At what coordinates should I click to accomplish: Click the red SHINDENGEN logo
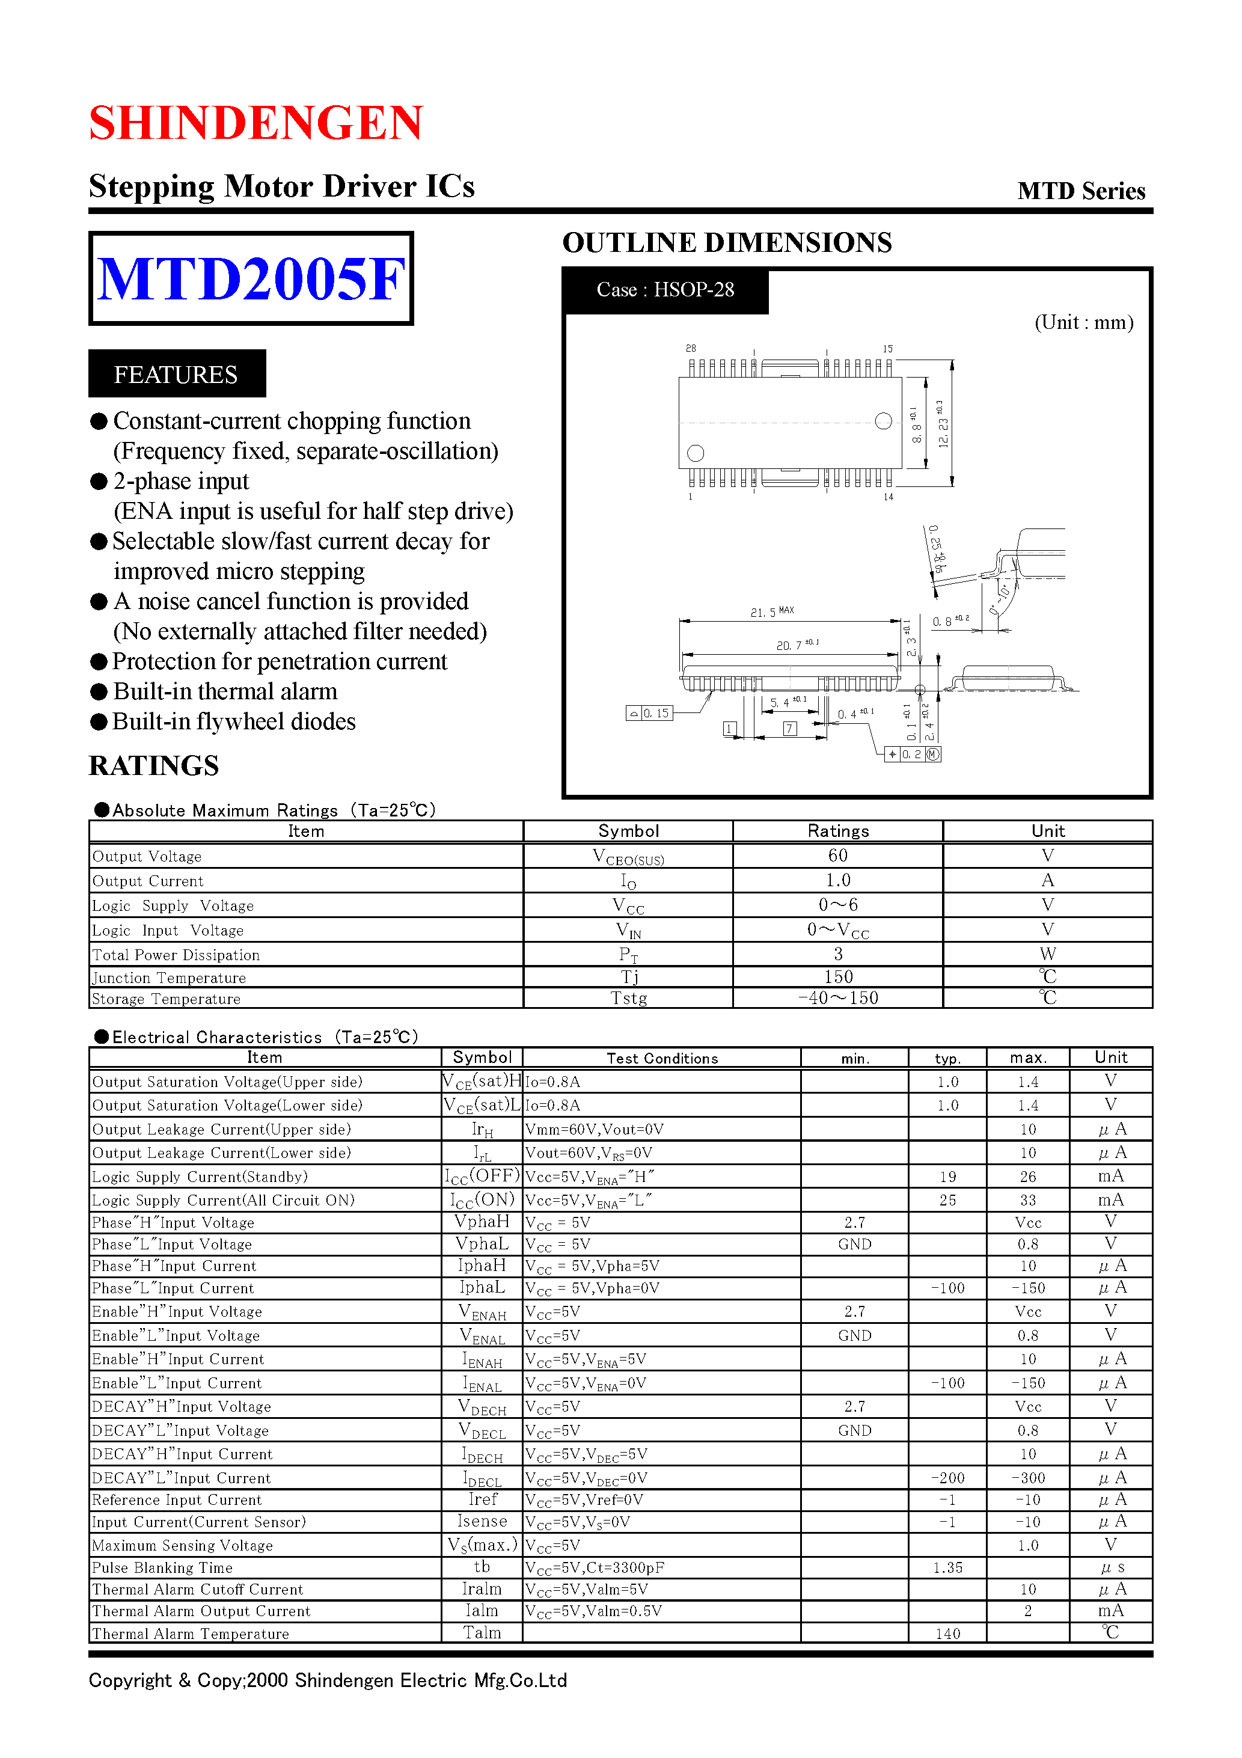(x=255, y=123)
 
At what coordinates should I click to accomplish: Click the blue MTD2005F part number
(x=251, y=279)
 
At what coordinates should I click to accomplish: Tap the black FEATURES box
(x=177, y=373)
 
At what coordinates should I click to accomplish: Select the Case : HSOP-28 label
(x=665, y=289)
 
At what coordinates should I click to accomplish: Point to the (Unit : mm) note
(x=1083, y=322)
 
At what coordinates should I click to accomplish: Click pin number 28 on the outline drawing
(x=691, y=348)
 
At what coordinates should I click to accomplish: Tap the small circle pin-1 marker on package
(x=696, y=453)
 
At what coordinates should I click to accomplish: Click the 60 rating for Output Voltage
(x=837, y=856)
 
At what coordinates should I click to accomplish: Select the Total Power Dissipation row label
(x=176, y=955)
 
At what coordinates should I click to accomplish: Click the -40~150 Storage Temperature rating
(x=837, y=997)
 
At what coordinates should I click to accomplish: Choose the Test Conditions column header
(x=662, y=1058)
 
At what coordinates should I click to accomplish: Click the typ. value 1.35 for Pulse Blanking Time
(x=947, y=1567)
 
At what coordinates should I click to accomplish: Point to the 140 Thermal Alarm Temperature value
(x=947, y=1633)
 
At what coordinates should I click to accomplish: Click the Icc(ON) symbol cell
(x=482, y=1200)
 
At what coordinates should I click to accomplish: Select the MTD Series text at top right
(x=1080, y=191)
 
